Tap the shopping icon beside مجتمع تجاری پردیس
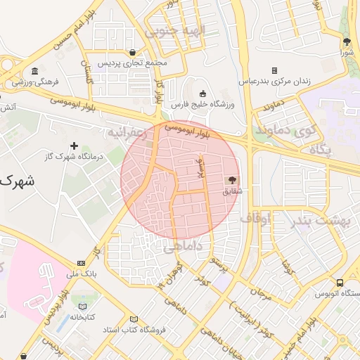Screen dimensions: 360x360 click(133, 52)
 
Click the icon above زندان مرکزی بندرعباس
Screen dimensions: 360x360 click(274, 70)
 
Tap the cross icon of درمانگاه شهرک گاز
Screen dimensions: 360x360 click(74, 145)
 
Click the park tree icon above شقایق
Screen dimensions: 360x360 click(233, 179)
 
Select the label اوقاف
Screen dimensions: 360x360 click(255, 219)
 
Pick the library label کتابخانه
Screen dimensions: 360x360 click(83, 318)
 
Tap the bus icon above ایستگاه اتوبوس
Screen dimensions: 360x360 click(340, 282)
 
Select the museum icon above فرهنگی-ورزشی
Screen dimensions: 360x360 click(34, 71)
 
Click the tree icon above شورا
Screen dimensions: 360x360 click(346, 41)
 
